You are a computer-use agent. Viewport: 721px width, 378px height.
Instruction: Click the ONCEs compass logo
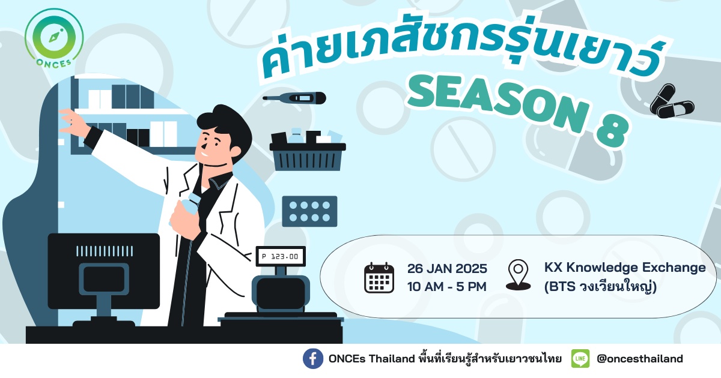coord(54,38)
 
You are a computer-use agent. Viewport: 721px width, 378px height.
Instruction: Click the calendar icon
coord(379,278)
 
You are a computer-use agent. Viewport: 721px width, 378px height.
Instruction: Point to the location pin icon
coord(518,275)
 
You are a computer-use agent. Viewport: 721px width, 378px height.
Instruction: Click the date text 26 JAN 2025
coord(447,269)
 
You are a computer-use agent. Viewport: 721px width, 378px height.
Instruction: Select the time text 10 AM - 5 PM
coord(447,287)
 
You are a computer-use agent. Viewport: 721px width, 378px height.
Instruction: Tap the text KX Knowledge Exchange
coord(625,268)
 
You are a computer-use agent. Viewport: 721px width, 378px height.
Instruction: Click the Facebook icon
coord(313,359)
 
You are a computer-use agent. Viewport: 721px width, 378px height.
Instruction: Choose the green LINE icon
coord(580,359)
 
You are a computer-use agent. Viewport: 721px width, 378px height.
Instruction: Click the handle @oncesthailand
coord(639,359)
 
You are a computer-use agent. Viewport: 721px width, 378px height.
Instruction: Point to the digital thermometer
coord(294,98)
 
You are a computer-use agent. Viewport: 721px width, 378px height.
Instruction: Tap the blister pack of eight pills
coord(309,211)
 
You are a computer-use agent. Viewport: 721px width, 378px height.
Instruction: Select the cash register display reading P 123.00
coord(281,257)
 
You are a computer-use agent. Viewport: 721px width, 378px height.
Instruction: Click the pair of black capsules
coord(672,101)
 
